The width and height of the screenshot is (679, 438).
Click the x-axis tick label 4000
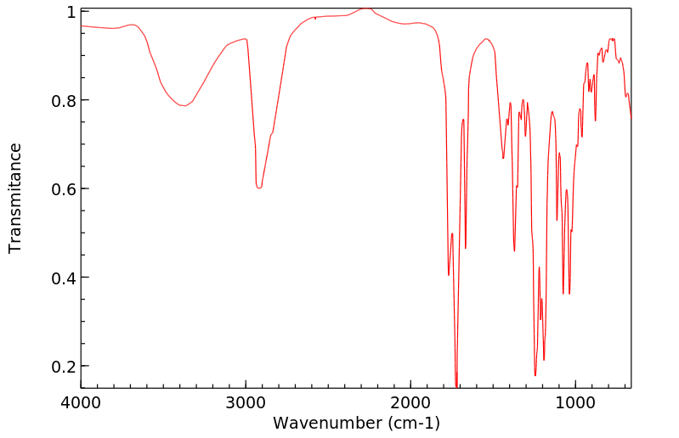82,401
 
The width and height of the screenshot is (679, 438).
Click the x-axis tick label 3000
246,401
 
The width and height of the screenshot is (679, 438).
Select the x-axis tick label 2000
411,401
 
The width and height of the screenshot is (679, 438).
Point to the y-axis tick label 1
71,12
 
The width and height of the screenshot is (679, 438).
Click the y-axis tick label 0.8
65,100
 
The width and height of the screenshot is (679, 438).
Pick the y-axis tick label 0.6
65,188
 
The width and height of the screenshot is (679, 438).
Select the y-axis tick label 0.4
65,278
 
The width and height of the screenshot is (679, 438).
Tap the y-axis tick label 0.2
65,366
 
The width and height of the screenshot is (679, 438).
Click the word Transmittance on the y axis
15,198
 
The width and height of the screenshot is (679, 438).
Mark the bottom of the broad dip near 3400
182,106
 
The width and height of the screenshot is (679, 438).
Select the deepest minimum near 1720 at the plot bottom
456,386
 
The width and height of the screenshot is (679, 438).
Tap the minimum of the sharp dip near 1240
535,375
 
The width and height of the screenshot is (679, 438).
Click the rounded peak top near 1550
485,39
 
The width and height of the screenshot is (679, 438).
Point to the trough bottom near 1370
514,250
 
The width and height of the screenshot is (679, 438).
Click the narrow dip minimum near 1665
466,248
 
